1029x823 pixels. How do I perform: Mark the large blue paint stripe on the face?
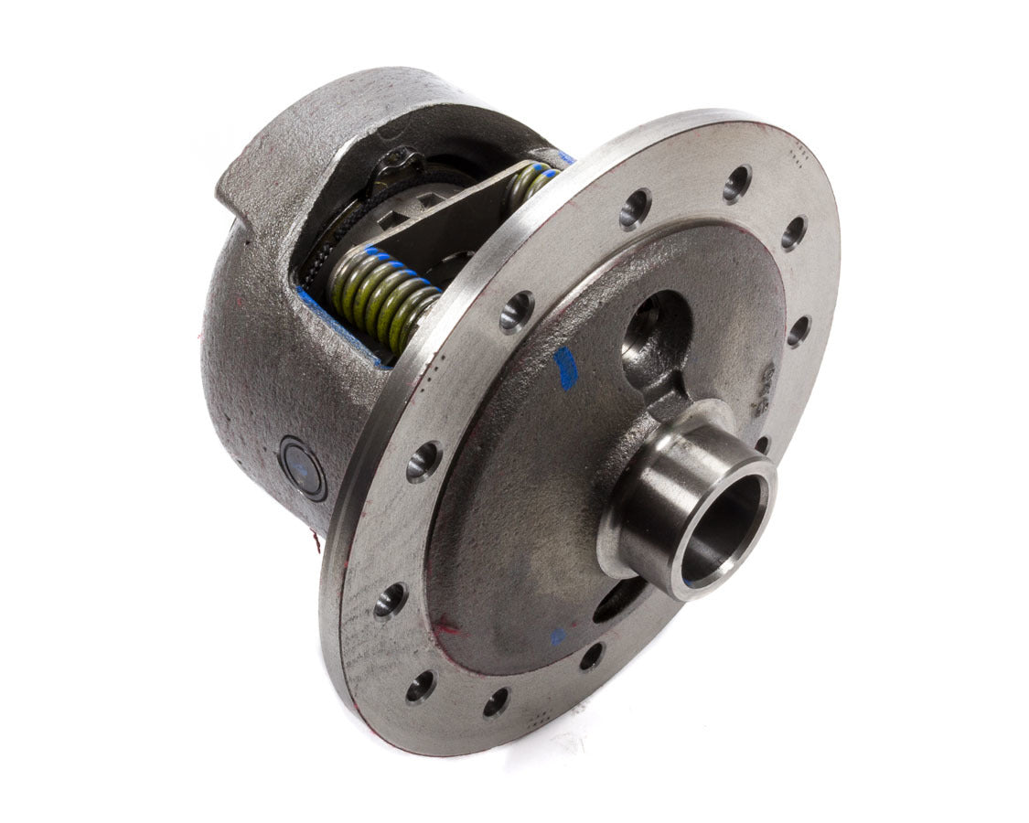pyautogui.click(x=565, y=367)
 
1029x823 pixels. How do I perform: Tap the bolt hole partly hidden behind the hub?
pyautogui.click(x=762, y=444)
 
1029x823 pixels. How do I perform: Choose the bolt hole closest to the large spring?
pyautogui.click(x=516, y=311)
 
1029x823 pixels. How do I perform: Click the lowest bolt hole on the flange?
pyautogui.click(x=495, y=701)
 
